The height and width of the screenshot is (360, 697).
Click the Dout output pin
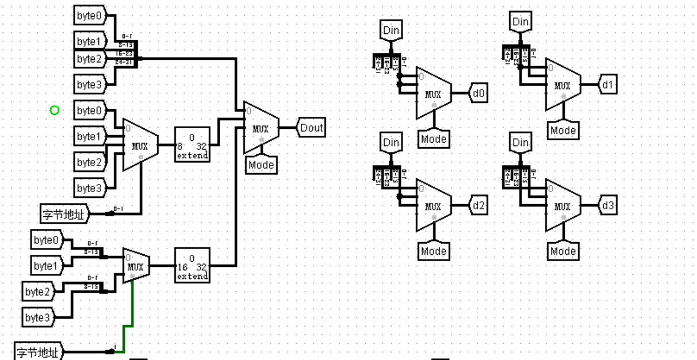pyautogui.click(x=311, y=128)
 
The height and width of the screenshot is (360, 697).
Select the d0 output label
pyautogui.click(x=479, y=92)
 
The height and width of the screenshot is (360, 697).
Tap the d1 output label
pyautogui.click(x=608, y=84)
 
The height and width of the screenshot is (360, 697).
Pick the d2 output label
pyautogui.click(x=479, y=205)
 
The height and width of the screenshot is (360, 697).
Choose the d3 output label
pyautogui.click(x=608, y=205)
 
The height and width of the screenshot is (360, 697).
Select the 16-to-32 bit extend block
pyautogui.click(x=192, y=265)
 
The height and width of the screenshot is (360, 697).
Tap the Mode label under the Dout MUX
pyautogui.click(x=261, y=165)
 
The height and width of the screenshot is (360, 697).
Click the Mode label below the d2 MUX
pyautogui.click(x=434, y=251)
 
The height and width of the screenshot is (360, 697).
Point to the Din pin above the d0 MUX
pyautogui.click(x=391, y=30)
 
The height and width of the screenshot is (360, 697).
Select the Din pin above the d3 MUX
pyautogui.click(x=520, y=142)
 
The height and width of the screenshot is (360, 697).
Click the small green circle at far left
pyautogui.click(x=55, y=110)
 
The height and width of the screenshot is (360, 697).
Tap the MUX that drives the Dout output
pyautogui.click(x=261, y=128)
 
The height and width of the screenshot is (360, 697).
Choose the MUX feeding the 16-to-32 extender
pyautogui.click(x=136, y=266)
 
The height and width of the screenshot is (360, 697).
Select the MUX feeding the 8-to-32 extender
pyautogui.click(x=140, y=145)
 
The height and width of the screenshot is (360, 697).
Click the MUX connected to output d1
pyautogui.click(x=562, y=85)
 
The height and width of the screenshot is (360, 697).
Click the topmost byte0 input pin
pyautogui.click(x=90, y=16)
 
